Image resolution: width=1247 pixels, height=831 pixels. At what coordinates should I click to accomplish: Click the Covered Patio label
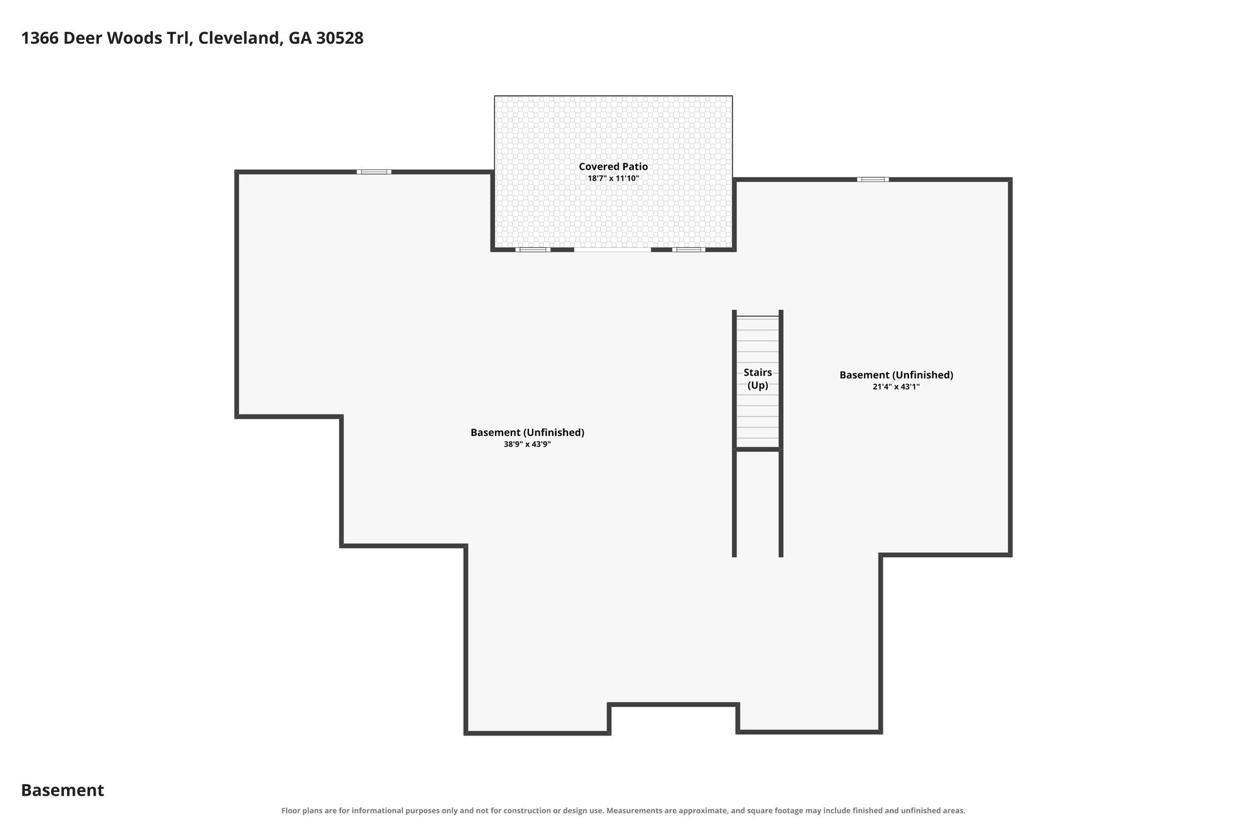(x=613, y=166)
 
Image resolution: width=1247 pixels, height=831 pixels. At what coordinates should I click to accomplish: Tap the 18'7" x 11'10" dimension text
(x=613, y=178)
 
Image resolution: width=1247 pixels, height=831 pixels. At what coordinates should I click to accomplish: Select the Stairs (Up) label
(x=757, y=379)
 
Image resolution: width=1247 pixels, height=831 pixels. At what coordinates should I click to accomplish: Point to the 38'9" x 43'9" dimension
(x=527, y=444)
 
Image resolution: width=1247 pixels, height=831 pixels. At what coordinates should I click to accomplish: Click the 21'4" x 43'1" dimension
(x=896, y=387)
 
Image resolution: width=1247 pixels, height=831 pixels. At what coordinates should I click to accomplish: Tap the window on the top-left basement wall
(x=374, y=172)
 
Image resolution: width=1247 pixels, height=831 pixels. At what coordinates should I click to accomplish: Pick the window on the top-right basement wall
(x=873, y=180)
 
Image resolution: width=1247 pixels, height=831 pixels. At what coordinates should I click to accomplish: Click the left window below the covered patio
(x=533, y=250)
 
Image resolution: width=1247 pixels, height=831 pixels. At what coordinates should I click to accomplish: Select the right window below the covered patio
(x=689, y=250)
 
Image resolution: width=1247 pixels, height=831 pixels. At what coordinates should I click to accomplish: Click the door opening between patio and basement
(x=613, y=250)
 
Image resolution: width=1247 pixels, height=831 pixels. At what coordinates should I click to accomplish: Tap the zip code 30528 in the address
(x=340, y=38)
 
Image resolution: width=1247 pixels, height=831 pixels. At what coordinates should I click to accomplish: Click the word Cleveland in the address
(x=240, y=38)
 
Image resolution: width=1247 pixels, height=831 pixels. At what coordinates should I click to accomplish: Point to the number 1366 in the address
(x=40, y=38)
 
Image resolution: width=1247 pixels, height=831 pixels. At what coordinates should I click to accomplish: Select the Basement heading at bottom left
(x=63, y=790)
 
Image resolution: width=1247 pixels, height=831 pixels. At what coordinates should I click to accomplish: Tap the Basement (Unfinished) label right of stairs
(x=896, y=375)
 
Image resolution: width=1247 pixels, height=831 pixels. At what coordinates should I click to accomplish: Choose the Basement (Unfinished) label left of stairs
(x=527, y=433)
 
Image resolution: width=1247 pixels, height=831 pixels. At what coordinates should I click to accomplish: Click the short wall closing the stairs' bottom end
(x=757, y=449)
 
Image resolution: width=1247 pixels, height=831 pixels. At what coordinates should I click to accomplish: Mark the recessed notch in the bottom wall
(x=673, y=705)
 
